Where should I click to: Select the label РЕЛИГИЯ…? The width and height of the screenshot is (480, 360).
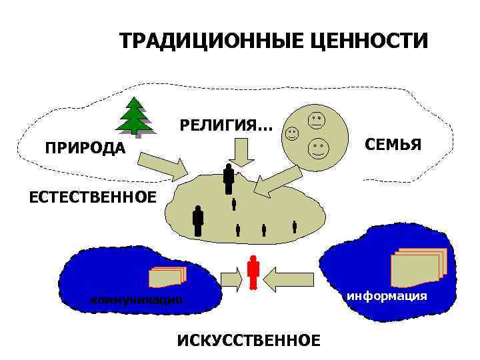(226, 125)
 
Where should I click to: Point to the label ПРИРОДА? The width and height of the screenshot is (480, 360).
(85, 147)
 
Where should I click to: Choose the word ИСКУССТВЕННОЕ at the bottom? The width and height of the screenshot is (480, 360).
(249, 341)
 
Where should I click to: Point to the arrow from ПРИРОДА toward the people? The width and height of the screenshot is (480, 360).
(163, 167)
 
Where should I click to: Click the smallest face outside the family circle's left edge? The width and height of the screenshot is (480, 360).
(292, 133)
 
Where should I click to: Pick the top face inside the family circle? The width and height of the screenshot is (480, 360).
(316, 121)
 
